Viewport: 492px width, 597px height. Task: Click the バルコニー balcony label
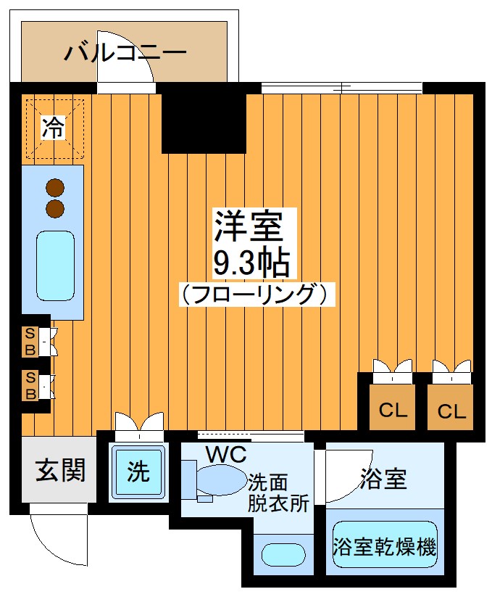[x=125, y=52]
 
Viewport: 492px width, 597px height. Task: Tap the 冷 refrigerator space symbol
[x=53, y=128]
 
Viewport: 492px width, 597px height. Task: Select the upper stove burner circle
[x=55, y=188]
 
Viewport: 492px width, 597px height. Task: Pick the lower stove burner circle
[x=55, y=210]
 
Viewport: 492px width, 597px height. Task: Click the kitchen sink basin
[x=55, y=266]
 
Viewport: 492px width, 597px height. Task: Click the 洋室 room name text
[x=246, y=227]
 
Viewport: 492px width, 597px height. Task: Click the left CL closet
[x=393, y=411]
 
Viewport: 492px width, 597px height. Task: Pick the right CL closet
[x=451, y=411]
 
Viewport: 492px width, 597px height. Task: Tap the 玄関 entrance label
[x=60, y=470]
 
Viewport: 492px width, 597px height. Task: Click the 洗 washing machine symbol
[x=138, y=472]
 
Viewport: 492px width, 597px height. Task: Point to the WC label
[x=225, y=455]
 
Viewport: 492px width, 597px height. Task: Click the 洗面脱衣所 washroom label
[x=278, y=493]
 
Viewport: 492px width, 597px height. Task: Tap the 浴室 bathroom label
[x=383, y=478]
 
